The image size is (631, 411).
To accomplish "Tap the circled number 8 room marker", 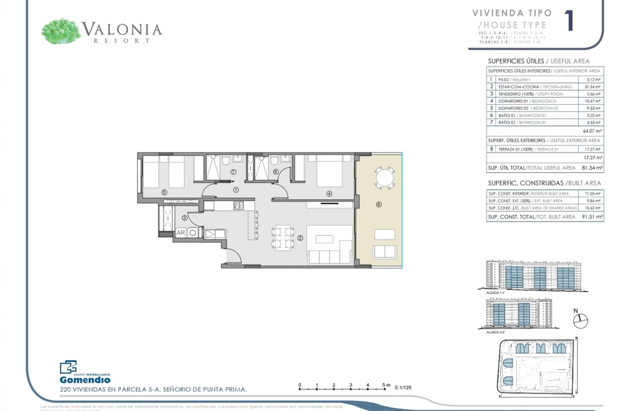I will (379, 205).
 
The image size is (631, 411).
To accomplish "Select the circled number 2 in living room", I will (300, 238).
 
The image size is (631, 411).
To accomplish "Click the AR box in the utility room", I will (180, 233).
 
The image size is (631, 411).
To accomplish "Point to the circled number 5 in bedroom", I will (164, 192).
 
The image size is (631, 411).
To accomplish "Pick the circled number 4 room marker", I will (329, 194).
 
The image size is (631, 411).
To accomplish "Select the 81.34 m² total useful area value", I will (592, 168).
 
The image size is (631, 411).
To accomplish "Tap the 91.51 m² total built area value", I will (592, 216).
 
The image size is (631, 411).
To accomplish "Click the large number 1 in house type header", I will (569, 22).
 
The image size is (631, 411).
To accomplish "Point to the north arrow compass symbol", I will (580, 321).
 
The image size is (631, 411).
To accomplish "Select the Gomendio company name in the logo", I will (85, 380).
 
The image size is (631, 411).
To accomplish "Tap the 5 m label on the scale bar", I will (386, 385).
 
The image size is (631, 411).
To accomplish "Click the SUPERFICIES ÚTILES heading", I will (516, 61).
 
